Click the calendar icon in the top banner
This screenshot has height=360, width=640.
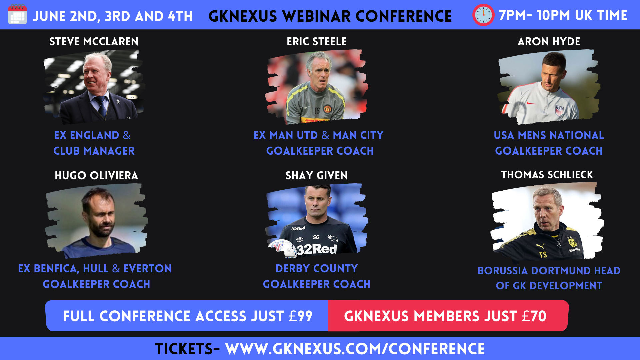pyautogui.click(x=17, y=14)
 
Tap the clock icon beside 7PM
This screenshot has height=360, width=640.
pyautogui.click(x=483, y=15)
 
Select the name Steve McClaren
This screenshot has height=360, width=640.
pyautogui.click(x=94, y=41)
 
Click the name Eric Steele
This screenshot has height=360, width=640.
pyautogui.click(x=317, y=41)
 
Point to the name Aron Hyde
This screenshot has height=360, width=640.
pyautogui.click(x=549, y=41)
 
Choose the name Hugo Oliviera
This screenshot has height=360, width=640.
pyautogui.click(x=96, y=175)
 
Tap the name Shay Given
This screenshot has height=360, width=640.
pyautogui.click(x=317, y=175)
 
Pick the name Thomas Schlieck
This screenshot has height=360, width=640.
pyautogui.click(x=547, y=175)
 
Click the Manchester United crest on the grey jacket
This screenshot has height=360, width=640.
pyautogui.click(x=327, y=109)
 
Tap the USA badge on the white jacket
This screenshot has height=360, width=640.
pyautogui.click(x=559, y=110)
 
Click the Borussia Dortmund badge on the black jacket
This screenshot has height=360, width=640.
pyautogui.click(x=572, y=242)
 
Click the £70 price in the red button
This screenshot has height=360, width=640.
pyautogui.click(x=534, y=316)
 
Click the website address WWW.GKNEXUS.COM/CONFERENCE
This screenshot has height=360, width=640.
pyautogui.click(x=355, y=349)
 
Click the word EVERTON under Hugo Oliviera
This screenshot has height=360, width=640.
pyautogui.click(x=148, y=268)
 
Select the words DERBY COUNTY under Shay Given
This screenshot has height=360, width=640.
pyautogui.click(x=317, y=268)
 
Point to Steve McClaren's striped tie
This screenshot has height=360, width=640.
pyautogui.click(x=101, y=106)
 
